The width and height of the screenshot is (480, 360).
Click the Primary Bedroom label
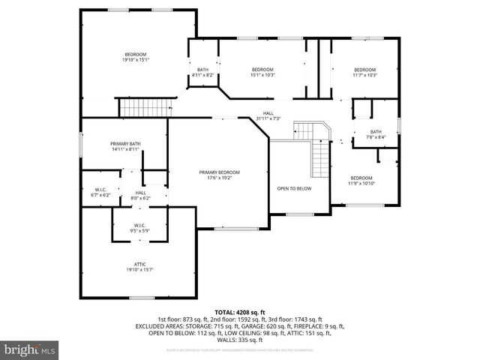click(219, 172)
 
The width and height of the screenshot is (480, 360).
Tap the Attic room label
click(140, 265)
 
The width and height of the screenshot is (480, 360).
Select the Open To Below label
click(294, 188)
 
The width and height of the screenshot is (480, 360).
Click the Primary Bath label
click(125, 143)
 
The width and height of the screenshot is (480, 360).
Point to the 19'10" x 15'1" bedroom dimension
click(136, 61)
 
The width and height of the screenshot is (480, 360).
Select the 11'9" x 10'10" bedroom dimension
click(361, 183)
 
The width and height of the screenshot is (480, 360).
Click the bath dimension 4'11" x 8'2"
click(202, 75)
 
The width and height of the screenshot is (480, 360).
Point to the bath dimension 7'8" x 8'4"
click(376, 137)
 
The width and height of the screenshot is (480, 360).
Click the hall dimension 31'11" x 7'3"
click(268, 118)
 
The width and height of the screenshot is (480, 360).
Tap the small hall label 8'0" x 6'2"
click(140, 198)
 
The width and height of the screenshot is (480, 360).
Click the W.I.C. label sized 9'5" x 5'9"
click(139, 230)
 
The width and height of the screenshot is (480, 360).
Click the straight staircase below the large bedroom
click(142, 109)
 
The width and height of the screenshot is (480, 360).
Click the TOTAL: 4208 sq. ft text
click(240, 312)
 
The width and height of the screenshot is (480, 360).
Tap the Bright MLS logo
click(30, 349)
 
